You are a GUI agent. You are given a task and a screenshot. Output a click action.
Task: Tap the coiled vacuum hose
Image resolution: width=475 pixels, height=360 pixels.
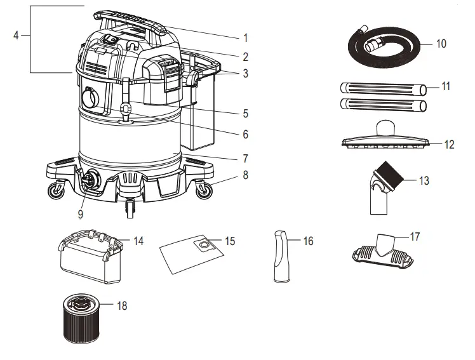(380, 48)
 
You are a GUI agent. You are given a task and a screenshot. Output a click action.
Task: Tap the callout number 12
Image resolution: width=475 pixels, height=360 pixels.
(449, 145)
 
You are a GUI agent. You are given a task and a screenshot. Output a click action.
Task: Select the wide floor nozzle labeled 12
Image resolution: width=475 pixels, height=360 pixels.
(385, 140)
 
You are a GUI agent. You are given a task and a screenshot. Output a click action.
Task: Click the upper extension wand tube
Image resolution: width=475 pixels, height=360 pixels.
(382, 88)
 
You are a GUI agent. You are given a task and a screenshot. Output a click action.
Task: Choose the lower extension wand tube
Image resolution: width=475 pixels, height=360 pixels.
(382, 104)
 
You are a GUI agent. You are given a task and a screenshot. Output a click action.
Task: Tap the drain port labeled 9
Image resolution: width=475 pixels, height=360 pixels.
(89, 180)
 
